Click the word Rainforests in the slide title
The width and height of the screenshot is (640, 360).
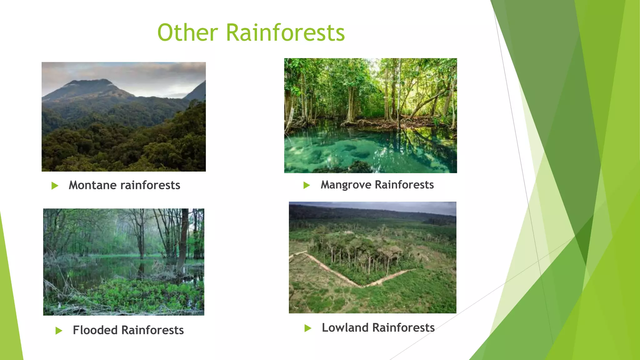tap(285, 32)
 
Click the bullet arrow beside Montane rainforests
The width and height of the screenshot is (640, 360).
tap(55, 186)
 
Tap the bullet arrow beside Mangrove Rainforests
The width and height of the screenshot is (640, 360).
tap(307, 185)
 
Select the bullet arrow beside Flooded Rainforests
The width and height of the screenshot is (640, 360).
tap(59, 331)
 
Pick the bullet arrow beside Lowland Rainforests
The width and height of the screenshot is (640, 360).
tap(308, 328)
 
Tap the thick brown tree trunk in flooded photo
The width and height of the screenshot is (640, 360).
tap(184, 237)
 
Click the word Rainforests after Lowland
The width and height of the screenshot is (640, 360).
tap(403, 328)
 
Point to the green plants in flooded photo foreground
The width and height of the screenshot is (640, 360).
tap(141, 294)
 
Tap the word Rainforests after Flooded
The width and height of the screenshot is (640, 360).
tap(152, 330)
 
